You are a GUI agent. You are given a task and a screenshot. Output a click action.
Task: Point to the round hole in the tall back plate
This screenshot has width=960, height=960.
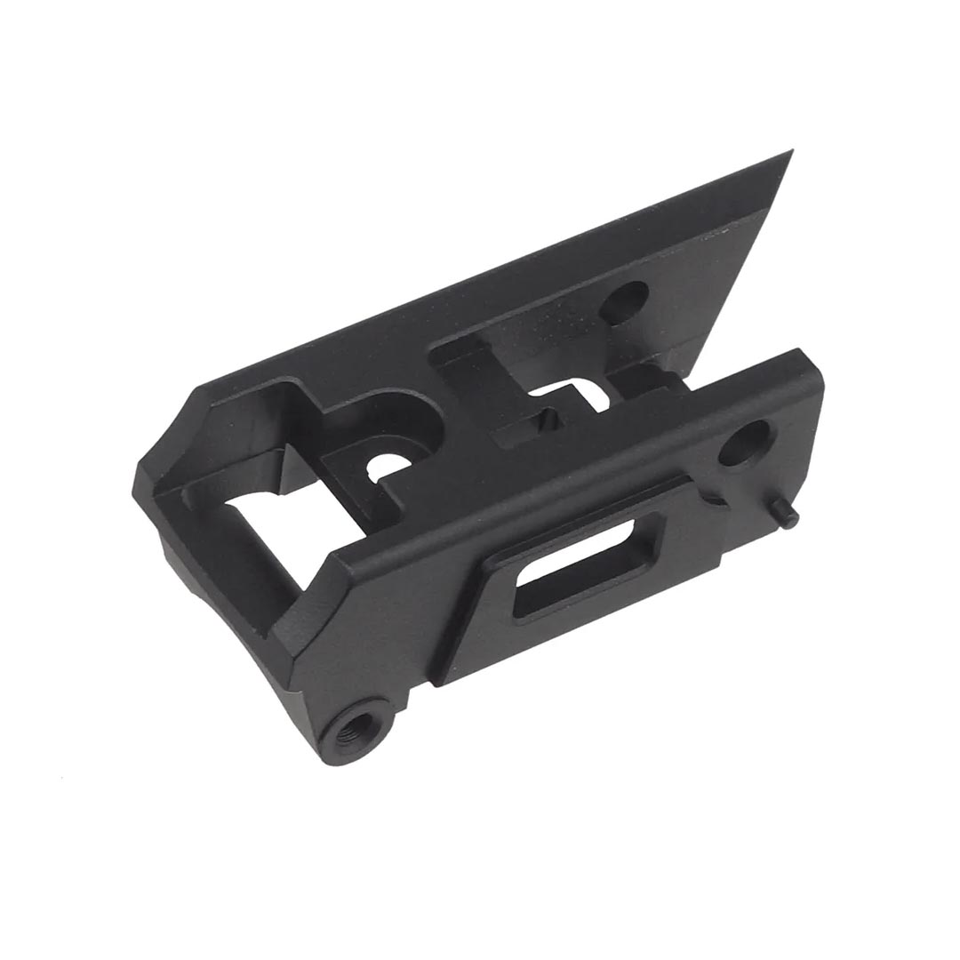tap(624, 303)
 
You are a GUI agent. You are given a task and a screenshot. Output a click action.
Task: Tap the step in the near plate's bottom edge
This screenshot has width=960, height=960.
tap(711, 569)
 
